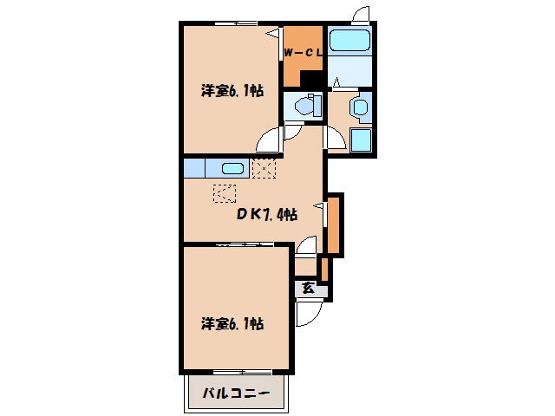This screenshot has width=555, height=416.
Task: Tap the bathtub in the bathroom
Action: pyautogui.click(x=350, y=40)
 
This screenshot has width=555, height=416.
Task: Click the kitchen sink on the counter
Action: pyautogui.click(x=232, y=169)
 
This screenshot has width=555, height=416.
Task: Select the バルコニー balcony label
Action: pyautogui.click(x=236, y=393)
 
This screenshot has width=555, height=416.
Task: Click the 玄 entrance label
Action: pyautogui.click(x=308, y=289)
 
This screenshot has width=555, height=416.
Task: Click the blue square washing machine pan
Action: pyautogui.click(x=361, y=141)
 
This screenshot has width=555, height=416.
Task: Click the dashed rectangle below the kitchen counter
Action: pyautogui.click(x=225, y=194)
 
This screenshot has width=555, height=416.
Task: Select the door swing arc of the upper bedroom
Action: pyautogui.click(x=272, y=139)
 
